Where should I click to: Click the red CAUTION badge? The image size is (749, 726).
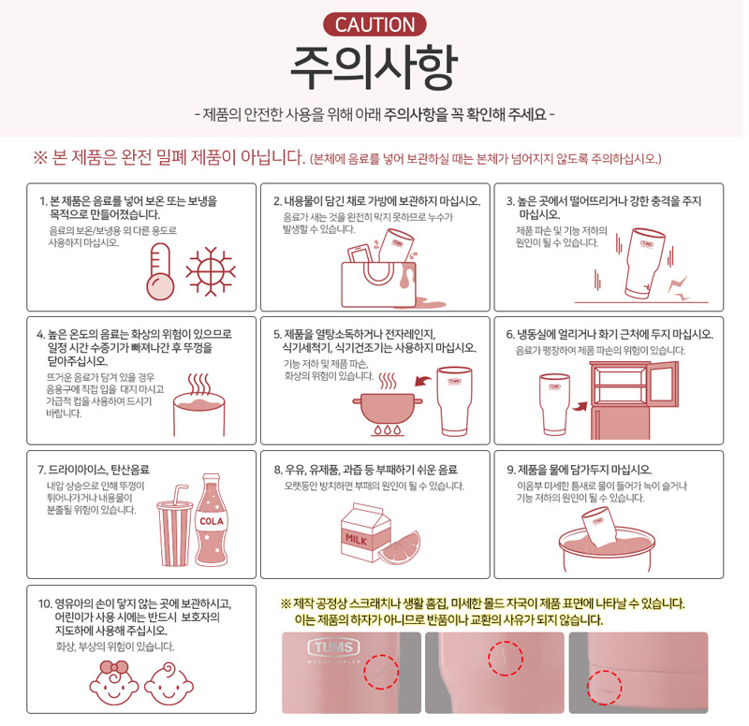tap(374, 25)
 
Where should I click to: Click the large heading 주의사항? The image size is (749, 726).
tap(374, 67)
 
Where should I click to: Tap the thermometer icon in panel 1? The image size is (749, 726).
tap(160, 271)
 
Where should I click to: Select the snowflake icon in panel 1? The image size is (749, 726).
tap(210, 271)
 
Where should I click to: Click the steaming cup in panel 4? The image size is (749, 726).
tap(198, 405)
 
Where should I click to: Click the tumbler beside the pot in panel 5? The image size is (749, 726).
tap(454, 401)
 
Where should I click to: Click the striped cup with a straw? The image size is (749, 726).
tap(174, 526)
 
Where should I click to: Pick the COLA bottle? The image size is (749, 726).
tap(212, 520)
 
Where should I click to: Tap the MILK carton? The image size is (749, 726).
tap(365, 532)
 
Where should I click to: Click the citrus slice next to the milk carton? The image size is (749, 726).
tap(401, 548)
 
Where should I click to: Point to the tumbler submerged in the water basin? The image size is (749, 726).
tap(600, 527)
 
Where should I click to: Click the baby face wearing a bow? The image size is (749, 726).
tap(114, 683)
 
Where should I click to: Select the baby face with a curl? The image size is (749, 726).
tap(169, 684)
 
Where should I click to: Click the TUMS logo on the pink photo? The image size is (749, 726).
tap(334, 647)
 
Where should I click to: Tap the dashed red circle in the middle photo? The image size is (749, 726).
tap(506, 659)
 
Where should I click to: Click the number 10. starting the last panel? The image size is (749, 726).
tap(45, 603)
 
